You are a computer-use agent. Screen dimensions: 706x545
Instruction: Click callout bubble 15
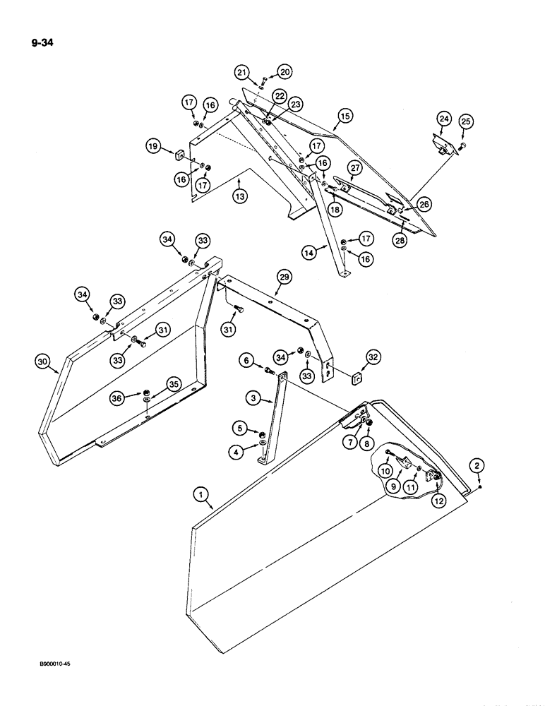coord(345,115)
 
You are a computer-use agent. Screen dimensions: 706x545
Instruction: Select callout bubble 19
coord(154,147)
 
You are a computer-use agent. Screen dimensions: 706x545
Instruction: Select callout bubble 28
coord(401,239)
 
